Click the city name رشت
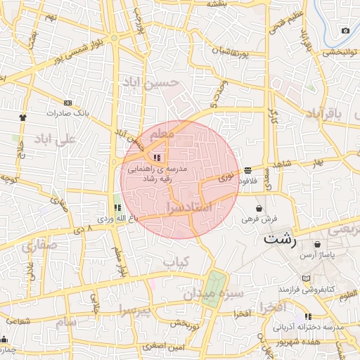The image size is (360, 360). click(281, 239)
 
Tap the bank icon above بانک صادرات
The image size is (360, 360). click(67, 103)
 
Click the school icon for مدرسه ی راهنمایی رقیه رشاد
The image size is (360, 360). click(157, 157)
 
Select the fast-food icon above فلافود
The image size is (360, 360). click(249, 170)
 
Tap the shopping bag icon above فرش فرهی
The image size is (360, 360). click(260, 209)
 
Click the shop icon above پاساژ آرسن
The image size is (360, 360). click(318, 244)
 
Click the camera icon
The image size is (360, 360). click(345, 30)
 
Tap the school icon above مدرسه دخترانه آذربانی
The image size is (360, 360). click(308, 316)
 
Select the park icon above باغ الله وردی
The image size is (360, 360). click(117, 207)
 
